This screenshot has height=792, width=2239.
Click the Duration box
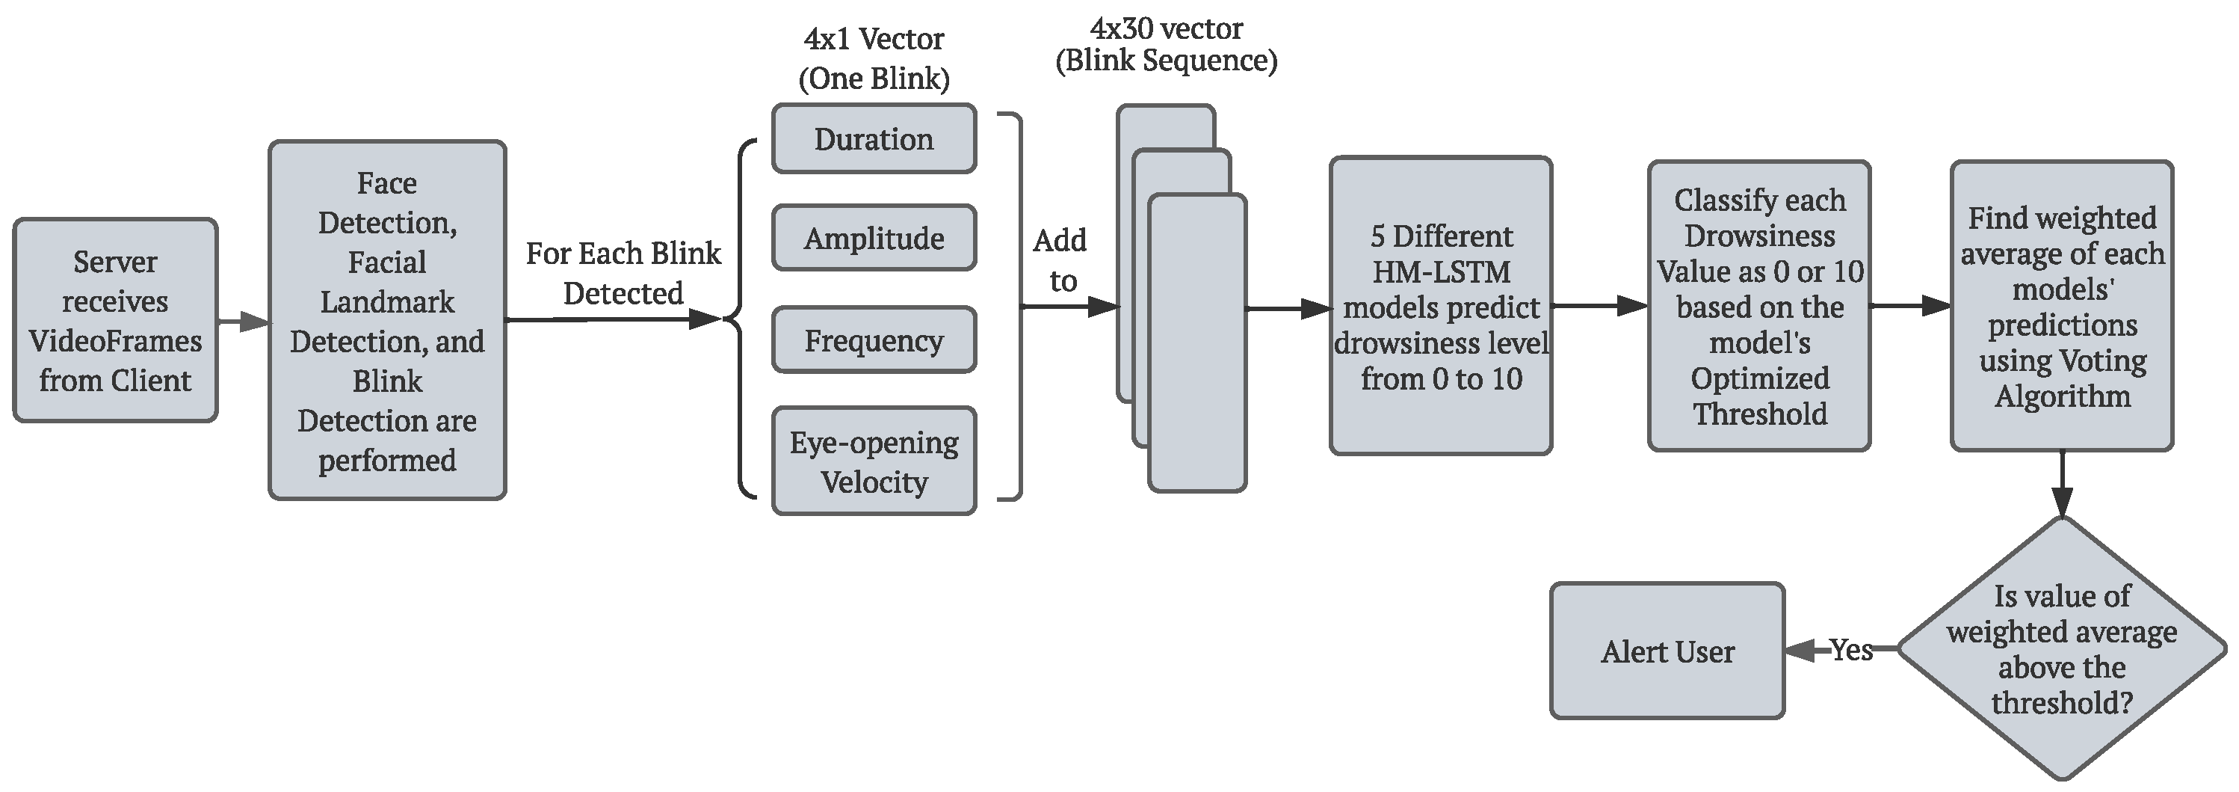tap(874, 139)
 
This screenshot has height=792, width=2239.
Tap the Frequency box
tap(874, 340)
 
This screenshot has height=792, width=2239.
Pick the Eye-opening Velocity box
tap(874, 461)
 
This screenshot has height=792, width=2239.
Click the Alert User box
tap(1667, 651)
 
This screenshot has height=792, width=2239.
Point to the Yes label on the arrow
tap(1850, 649)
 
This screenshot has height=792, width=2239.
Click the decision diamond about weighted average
tap(2062, 648)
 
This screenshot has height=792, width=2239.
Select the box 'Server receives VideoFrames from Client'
tap(115, 321)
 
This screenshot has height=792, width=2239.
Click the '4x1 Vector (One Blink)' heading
tap(874, 58)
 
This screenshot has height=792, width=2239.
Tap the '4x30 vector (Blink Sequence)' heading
tap(1166, 44)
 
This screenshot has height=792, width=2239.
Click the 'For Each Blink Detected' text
tap(623, 273)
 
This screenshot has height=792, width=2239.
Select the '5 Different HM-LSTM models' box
tap(1440, 306)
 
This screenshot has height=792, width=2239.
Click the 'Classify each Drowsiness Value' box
tap(1759, 306)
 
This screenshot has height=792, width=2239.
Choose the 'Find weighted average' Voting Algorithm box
tap(2062, 306)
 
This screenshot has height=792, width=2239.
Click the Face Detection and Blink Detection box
tap(387, 321)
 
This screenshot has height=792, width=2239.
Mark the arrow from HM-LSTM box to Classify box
tap(1599, 306)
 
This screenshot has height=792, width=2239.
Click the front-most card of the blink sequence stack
tap(1197, 365)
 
